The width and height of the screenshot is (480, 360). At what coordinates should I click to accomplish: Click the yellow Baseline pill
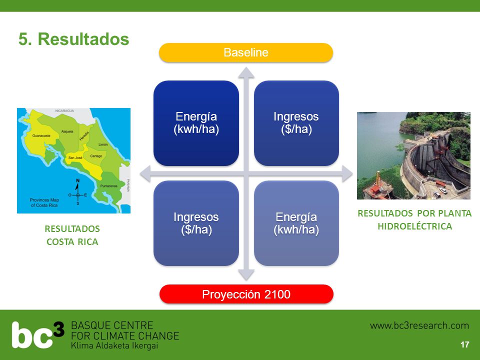246,52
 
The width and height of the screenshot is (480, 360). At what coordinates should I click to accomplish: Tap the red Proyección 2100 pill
246,294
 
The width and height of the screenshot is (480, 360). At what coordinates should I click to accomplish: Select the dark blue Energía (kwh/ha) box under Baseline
196,123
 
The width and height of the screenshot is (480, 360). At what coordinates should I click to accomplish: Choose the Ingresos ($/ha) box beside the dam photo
296,123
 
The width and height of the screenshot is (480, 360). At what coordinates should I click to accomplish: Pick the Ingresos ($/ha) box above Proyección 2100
196,223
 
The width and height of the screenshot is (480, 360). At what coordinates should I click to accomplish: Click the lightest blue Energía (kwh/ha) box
296,223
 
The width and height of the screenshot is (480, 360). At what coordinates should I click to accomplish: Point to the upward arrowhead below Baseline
246,73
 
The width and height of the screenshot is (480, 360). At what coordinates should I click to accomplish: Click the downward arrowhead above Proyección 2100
246,275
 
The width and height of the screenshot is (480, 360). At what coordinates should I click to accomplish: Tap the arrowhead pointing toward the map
145,173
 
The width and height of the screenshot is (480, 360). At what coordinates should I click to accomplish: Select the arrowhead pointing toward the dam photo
347,173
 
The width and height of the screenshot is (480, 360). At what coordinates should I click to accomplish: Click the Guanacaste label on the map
41,135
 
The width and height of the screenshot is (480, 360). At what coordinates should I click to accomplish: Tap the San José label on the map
75,157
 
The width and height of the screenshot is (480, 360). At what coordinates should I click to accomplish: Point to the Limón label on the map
103,144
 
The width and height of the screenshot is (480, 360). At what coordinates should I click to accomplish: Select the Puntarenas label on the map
109,186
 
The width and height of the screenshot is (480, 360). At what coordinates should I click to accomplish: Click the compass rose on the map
78,192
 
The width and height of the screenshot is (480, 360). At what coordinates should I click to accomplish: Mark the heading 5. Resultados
74,39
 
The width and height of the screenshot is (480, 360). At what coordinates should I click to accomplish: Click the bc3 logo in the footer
38,334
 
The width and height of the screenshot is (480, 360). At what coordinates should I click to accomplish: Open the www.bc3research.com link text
419,325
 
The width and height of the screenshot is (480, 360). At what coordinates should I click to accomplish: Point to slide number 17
464,344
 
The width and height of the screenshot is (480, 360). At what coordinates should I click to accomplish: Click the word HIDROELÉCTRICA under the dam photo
415,226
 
